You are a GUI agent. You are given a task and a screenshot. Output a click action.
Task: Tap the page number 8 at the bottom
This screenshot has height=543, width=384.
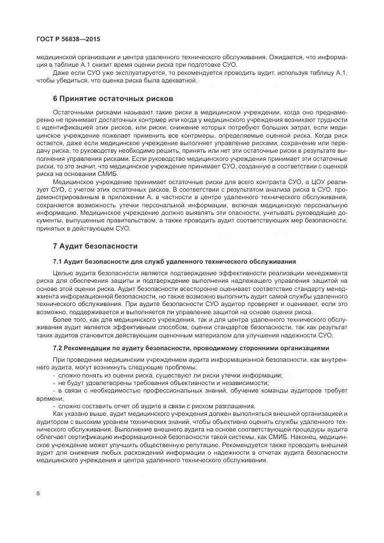(38, 494)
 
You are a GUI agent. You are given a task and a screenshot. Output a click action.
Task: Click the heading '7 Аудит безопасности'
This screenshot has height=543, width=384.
(87, 246)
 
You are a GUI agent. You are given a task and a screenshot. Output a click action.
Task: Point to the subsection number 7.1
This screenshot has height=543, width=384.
(58, 261)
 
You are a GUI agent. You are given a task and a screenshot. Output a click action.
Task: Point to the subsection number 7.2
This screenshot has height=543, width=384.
(58, 348)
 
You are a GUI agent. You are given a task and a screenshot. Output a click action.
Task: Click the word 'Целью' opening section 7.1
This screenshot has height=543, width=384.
(63, 272)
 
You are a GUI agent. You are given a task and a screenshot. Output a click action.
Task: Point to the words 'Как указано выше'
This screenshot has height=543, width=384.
(78, 413)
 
